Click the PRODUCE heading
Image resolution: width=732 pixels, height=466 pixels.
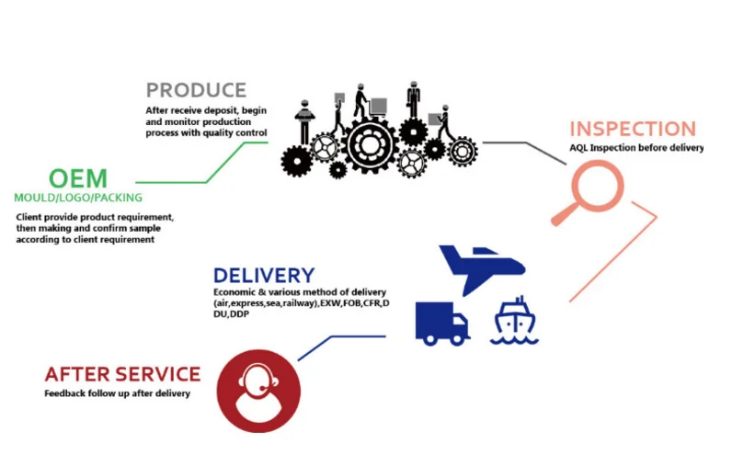click(x=196, y=90)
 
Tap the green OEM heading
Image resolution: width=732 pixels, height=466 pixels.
click(x=78, y=176)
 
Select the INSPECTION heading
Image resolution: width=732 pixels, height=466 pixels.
click(x=632, y=129)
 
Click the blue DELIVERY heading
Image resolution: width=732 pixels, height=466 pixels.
click(x=263, y=275)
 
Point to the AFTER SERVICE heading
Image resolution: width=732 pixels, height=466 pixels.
click(x=122, y=374)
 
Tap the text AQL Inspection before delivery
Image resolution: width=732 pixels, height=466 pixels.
click(x=635, y=148)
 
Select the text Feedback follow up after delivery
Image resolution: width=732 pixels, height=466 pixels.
click(x=117, y=393)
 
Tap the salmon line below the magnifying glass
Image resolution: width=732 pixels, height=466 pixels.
click(x=616, y=258)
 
